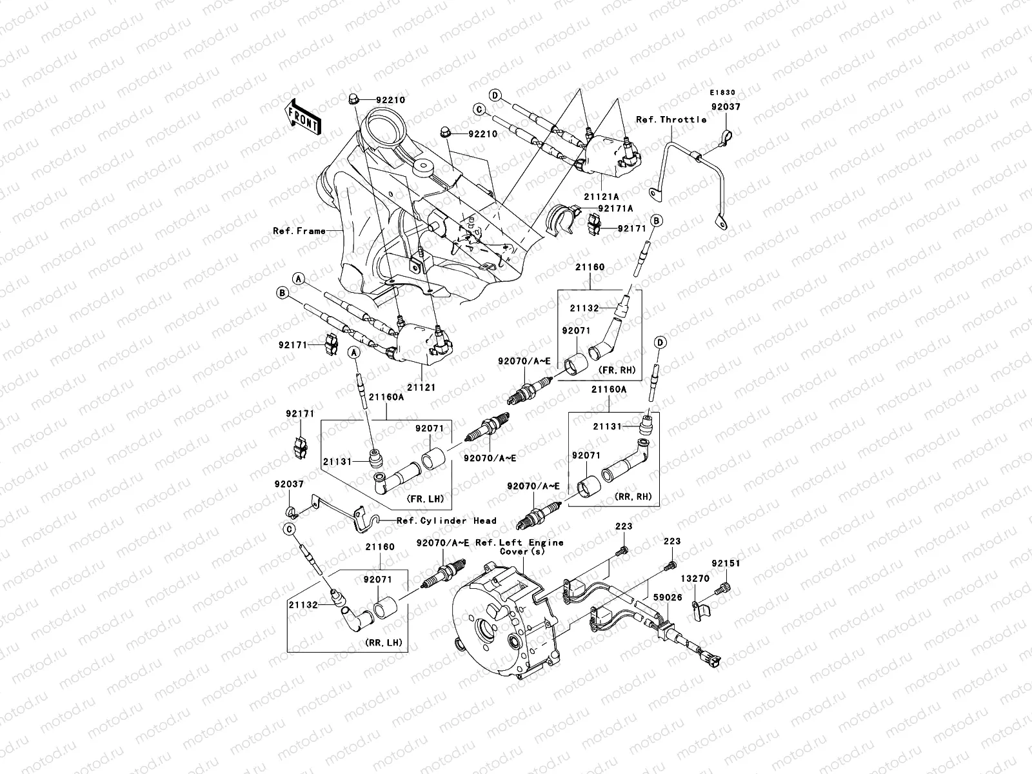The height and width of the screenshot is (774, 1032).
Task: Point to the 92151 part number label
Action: pyautogui.click(x=726, y=563)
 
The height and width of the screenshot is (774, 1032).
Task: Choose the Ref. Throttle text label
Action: pyautogui.click(x=671, y=119)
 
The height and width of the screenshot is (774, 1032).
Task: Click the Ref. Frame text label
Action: pyautogui.click(x=299, y=230)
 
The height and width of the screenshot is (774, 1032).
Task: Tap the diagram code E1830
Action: pyautogui.click(x=723, y=92)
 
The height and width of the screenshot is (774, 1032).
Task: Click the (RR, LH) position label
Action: pyautogui.click(x=383, y=642)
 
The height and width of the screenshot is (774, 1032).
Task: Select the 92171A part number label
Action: pyautogui.click(x=615, y=208)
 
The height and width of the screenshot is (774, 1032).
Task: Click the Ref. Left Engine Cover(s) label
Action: pyautogui.click(x=519, y=547)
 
